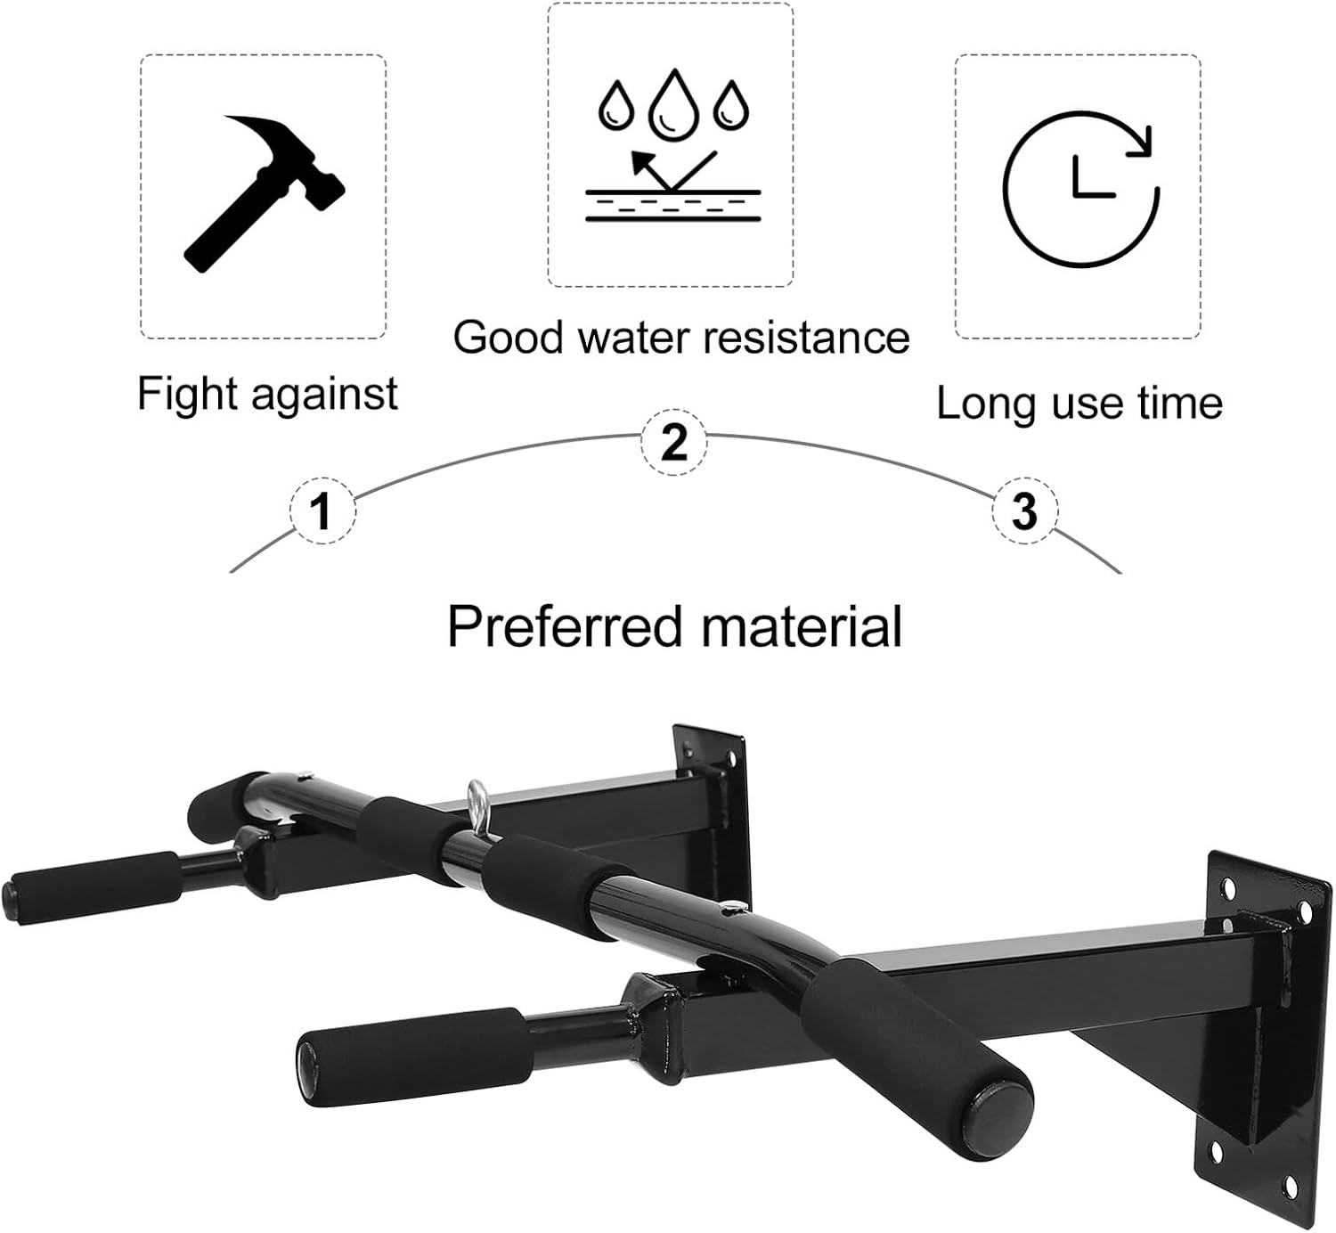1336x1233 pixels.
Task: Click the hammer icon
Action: pos(263,191)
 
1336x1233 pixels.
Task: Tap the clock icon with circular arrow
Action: pos(1080,188)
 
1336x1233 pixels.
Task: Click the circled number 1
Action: pos(322,511)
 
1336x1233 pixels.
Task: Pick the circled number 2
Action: pos(674,442)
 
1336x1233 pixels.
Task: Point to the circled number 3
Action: pos(1025,511)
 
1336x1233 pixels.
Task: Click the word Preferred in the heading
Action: pos(564,626)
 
